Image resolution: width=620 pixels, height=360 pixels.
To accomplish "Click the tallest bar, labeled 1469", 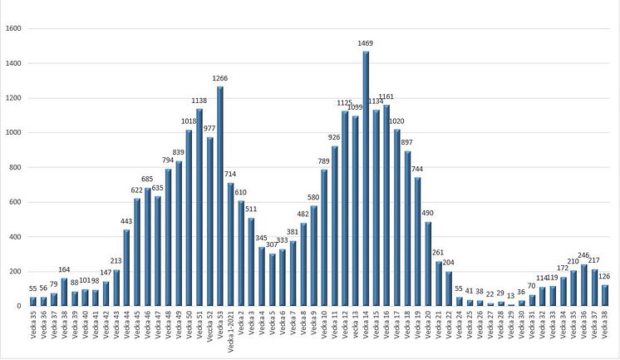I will pyautogui.click(x=366, y=179).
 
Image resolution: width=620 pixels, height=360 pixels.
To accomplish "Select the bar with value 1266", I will pyautogui.click(x=219, y=196).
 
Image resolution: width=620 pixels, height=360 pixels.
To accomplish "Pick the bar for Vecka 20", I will pyautogui.click(x=428, y=264).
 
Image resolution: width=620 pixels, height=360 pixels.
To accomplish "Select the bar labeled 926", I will pyautogui.click(x=334, y=226).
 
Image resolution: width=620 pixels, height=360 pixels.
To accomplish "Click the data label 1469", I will pyautogui.click(x=366, y=43).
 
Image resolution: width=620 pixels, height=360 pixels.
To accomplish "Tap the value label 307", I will pyautogui.click(x=272, y=245).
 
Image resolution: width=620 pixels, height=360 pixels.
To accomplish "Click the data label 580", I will pyautogui.click(x=313, y=198).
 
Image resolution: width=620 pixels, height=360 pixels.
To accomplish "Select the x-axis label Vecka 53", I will pyautogui.click(x=219, y=326).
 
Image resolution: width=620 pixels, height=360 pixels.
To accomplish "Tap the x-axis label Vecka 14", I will pyautogui.click(x=366, y=326).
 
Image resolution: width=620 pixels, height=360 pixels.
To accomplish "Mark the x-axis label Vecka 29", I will pyautogui.click(x=511, y=326).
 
